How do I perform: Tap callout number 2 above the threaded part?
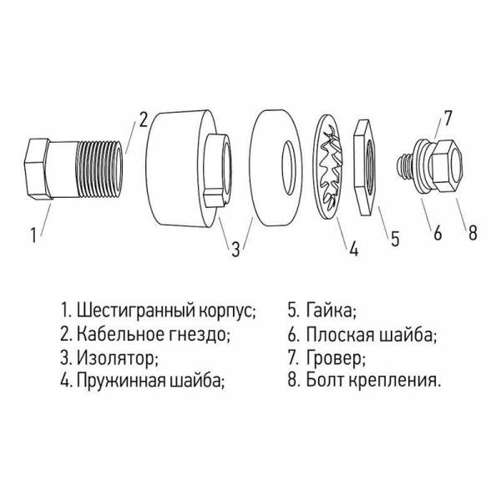click(x=144, y=119)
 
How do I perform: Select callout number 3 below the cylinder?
click(x=235, y=248)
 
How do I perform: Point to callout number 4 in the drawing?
click(x=353, y=249)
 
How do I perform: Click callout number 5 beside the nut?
click(x=395, y=238)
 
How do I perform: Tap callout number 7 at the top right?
click(x=448, y=119)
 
